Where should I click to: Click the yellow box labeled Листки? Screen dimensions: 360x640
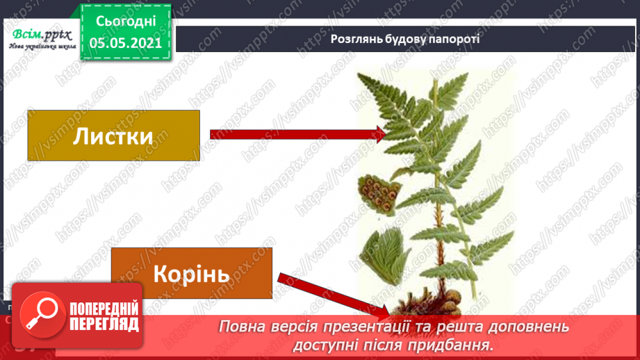[113, 136]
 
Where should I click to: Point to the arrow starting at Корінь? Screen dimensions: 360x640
[327, 292]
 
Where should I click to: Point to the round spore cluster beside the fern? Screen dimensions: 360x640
[377, 191]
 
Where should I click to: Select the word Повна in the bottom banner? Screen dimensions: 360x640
[240, 326]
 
